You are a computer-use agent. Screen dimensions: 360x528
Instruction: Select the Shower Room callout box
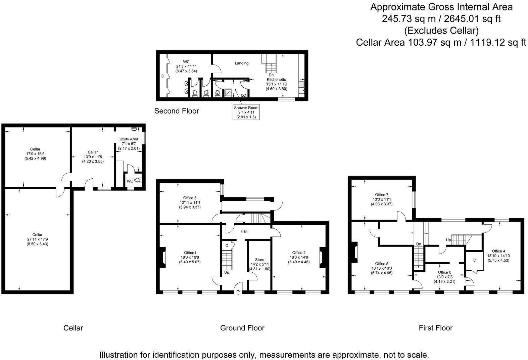[x=246, y=112]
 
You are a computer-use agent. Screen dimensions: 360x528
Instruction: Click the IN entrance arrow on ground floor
[x=238, y=292]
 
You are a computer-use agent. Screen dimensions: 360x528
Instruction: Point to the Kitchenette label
[x=276, y=80]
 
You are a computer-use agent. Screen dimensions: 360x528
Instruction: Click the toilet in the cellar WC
[x=138, y=181]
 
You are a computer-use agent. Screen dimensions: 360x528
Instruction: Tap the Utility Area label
[x=129, y=139]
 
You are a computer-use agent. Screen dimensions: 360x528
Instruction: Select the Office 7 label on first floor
[x=381, y=195]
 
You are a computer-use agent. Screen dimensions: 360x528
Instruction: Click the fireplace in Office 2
[x=321, y=258]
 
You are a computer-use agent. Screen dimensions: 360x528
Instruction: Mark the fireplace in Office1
[x=163, y=258]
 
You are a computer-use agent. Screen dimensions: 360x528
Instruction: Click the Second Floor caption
[x=177, y=111]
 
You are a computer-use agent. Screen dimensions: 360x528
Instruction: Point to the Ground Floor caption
[x=242, y=328]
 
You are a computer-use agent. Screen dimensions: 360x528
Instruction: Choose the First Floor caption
[x=435, y=328]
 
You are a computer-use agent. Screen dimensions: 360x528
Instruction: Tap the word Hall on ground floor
[x=244, y=231]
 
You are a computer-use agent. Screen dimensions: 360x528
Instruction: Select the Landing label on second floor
[x=241, y=63]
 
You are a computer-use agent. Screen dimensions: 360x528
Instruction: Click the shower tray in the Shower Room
[x=227, y=93]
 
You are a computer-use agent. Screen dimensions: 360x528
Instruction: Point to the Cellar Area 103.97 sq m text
[x=441, y=42]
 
